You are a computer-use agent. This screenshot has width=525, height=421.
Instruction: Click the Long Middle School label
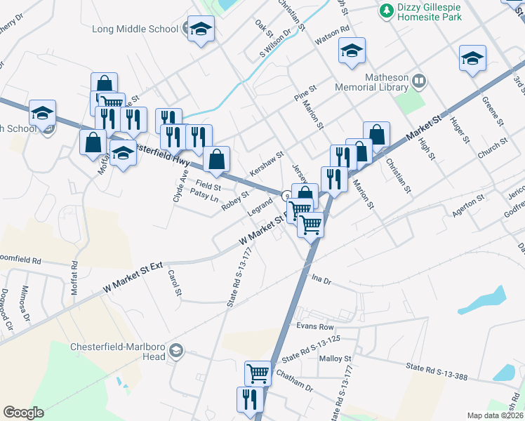(135, 29)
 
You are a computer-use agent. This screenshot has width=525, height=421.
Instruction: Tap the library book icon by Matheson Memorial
(418, 81)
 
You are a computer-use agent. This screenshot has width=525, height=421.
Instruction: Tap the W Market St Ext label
(133, 278)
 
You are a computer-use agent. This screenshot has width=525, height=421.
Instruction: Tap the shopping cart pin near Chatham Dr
(258, 373)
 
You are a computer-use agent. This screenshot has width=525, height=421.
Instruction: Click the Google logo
(23, 413)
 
